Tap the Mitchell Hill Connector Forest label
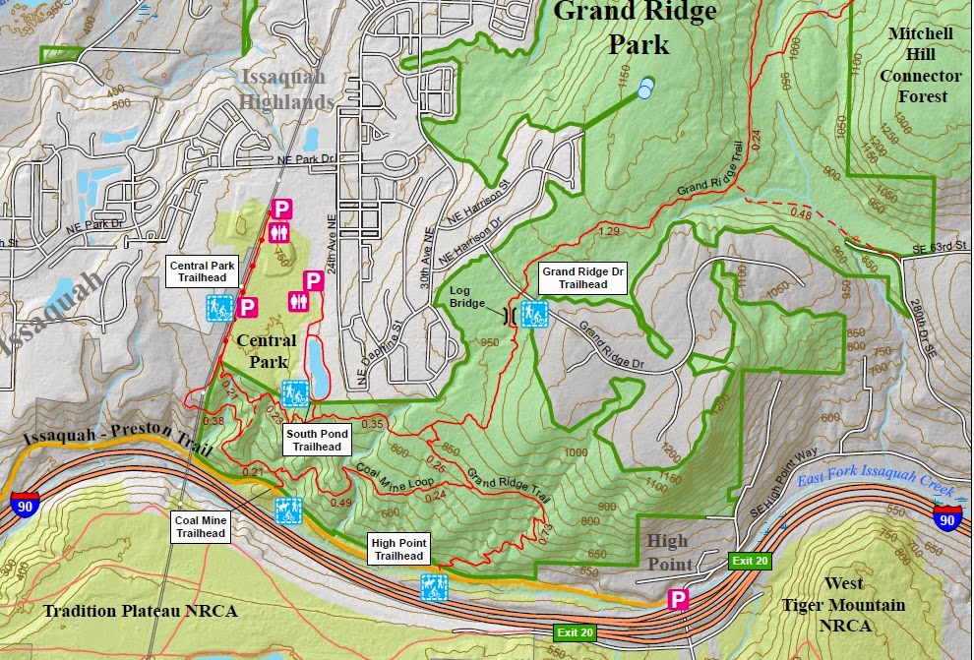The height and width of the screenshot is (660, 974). [920, 64]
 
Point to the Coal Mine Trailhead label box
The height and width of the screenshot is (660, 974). [200, 526]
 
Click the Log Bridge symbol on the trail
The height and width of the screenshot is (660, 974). [508, 315]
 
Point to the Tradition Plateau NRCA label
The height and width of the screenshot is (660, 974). [140, 611]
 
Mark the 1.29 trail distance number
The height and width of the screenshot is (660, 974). [608, 231]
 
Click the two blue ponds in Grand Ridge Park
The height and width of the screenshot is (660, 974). [644, 89]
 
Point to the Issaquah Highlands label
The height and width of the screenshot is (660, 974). [286, 88]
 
